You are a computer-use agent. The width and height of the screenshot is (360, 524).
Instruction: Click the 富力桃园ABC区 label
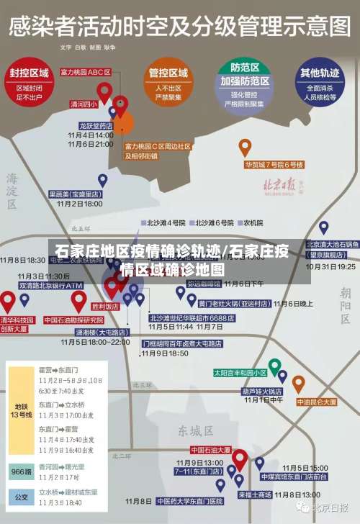[x=86, y=72]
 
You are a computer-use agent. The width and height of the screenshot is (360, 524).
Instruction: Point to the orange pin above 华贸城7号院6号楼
[x=245, y=147]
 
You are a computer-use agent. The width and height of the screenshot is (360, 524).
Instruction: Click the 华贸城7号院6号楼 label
[x=274, y=164]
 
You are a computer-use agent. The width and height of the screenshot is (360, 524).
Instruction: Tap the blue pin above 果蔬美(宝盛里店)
[x=102, y=180]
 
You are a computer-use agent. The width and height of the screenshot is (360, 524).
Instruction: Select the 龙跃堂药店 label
[x=96, y=125]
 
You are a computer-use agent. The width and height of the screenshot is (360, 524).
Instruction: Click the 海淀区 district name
[x=12, y=190]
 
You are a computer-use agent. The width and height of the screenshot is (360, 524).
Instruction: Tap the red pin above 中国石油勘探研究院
[x=78, y=300]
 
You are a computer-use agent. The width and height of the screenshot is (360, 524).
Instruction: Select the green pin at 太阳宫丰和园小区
[x=274, y=365]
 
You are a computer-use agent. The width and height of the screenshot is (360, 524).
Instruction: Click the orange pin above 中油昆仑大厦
[x=298, y=382]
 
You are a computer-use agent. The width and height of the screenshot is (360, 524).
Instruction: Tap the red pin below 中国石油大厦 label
[x=240, y=458]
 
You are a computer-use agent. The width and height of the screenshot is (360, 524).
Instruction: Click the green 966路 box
[x=20, y=471]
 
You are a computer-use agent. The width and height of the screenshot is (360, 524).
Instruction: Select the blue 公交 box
[x=20, y=496]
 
